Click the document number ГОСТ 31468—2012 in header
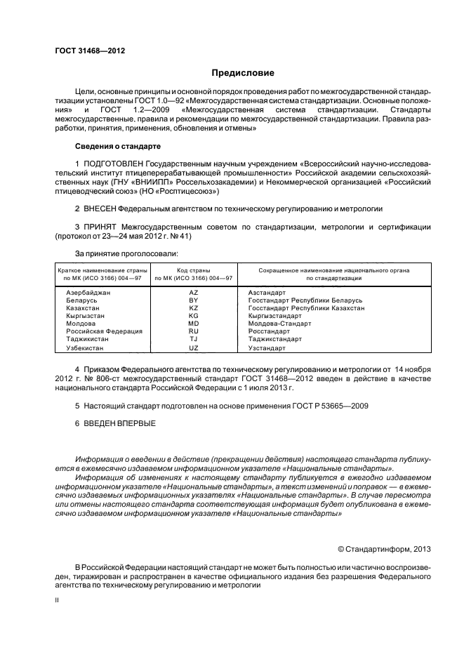pyautogui.click(x=90, y=51)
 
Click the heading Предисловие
pyautogui.click(x=244, y=73)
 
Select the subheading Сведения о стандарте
pyautogui.click(x=118, y=147)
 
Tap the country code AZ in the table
pyautogui.click(x=194, y=291)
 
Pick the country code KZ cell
pyautogui.click(x=194, y=307)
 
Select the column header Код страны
pyautogui.click(x=194, y=270)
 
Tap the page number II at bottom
pyautogui.click(x=58, y=601)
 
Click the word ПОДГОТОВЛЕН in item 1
pyautogui.click(x=113, y=163)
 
